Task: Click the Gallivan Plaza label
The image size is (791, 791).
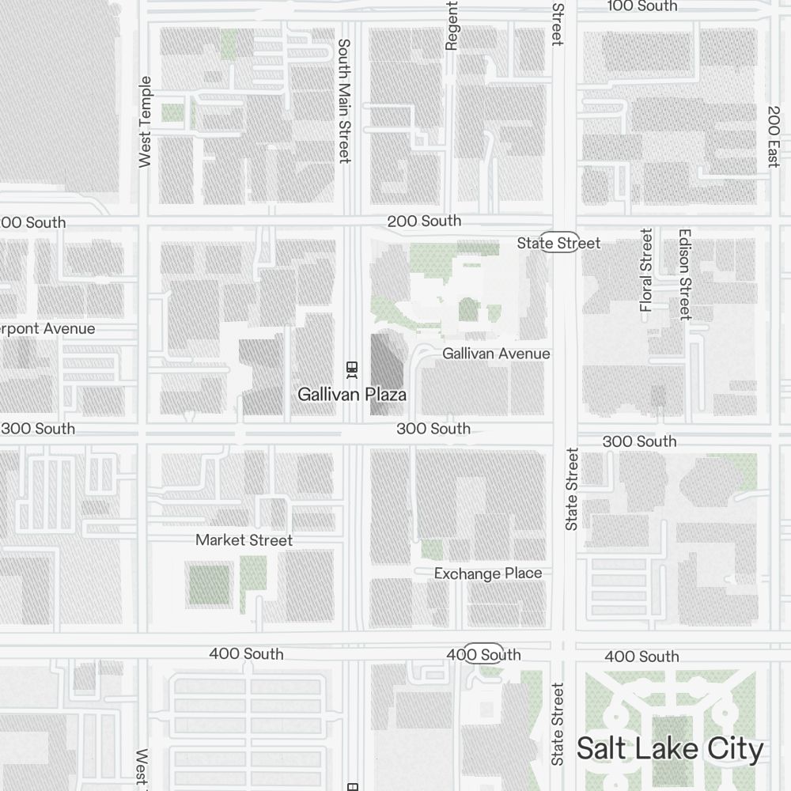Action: pos(352,394)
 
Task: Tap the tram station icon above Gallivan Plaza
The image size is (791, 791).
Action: pos(352,369)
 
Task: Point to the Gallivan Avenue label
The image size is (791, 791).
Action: pos(496,354)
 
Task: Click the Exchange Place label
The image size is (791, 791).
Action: pos(488,573)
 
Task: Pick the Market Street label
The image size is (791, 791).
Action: pos(244,540)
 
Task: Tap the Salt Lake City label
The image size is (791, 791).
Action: pos(670,748)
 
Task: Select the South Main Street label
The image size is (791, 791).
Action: pos(344,100)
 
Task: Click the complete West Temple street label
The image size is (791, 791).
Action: pos(145,122)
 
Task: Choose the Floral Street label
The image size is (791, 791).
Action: pos(647,270)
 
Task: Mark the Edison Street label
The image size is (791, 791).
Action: pos(685,274)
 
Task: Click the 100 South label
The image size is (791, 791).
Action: pos(642,6)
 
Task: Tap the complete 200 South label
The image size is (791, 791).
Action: pos(424,221)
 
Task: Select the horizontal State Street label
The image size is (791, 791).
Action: pos(558,243)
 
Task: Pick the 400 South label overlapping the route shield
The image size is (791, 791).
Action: pos(483,654)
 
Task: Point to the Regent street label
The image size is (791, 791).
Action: pos(452,25)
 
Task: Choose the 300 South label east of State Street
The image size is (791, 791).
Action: pos(639,441)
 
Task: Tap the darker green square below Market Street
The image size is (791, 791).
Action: pos(209,584)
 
